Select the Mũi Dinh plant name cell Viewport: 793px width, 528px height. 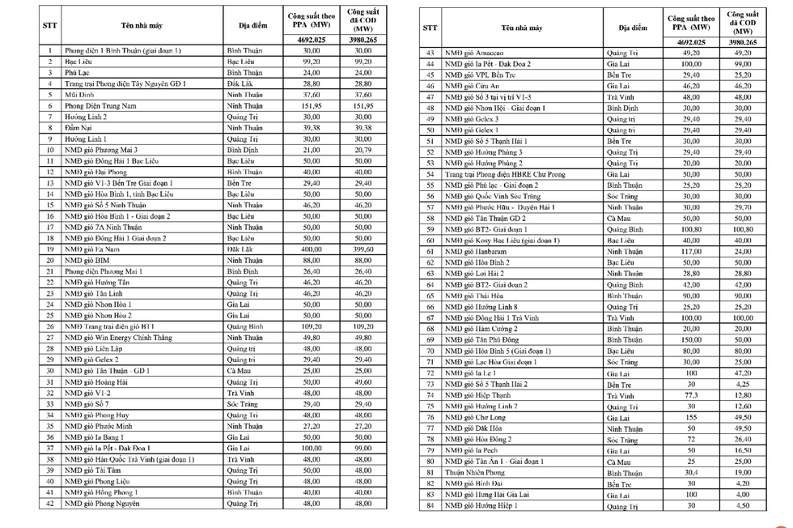coord(80,94)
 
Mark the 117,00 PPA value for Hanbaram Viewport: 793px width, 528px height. coord(691,251)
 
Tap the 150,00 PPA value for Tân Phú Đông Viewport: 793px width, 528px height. coord(691,340)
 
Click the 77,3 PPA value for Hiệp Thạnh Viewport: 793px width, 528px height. coord(691,394)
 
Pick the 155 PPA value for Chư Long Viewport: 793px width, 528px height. coord(691,417)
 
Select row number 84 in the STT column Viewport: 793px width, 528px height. coord(430,506)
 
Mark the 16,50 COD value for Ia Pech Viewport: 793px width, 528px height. coord(743,450)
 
